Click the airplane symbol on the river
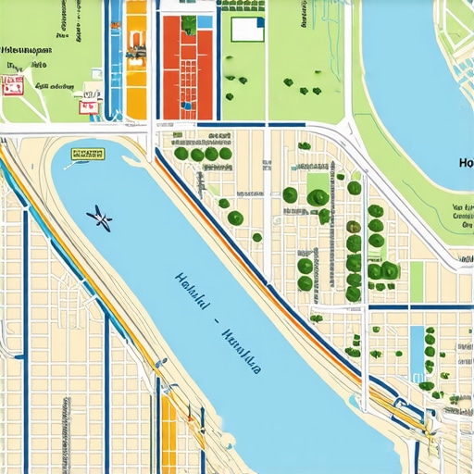[x=100, y=218]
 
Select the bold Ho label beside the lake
[x=465, y=163]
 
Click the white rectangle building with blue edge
[x=247, y=30]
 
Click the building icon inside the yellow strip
[x=136, y=46]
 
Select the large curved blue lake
[x=417, y=65]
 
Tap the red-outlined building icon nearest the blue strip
[x=90, y=106]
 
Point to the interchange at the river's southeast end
[x=426, y=426]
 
